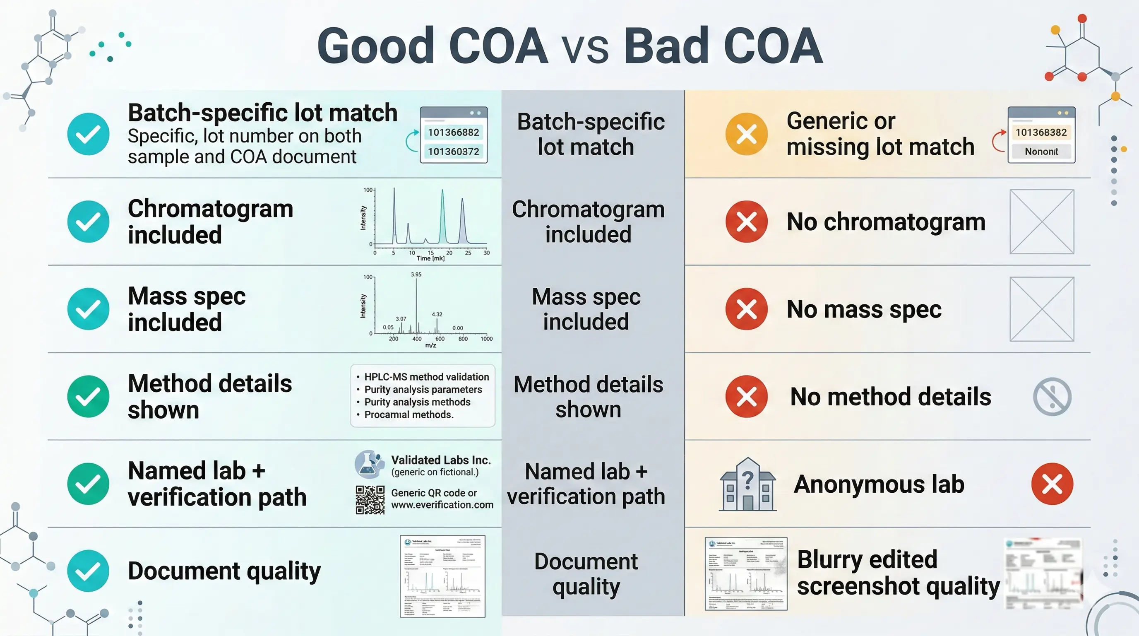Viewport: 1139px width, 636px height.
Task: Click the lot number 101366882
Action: [x=453, y=132]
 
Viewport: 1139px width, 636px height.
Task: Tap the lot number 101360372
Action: [x=453, y=151]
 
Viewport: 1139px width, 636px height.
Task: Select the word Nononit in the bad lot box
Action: [x=1041, y=151]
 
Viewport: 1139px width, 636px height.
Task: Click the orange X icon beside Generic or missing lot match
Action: [x=746, y=134]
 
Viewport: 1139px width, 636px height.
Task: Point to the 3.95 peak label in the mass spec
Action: [x=416, y=274]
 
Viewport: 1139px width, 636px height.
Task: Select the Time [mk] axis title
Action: [x=430, y=258]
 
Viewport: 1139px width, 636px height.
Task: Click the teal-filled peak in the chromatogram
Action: [x=442, y=221]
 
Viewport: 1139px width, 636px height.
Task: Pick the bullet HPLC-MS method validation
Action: [x=426, y=377]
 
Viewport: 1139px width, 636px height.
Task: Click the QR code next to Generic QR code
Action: [x=370, y=500]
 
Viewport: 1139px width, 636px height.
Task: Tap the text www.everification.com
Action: [x=442, y=505]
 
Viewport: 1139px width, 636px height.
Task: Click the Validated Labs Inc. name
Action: [x=441, y=460]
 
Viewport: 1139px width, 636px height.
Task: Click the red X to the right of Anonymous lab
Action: [x=1052, y=484]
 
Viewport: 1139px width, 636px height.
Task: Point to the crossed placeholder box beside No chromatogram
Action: [x=1041, y=222]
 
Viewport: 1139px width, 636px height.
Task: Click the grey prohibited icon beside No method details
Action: [x=1052, y=396]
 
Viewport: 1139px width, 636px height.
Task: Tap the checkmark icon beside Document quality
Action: [x=88, y=571]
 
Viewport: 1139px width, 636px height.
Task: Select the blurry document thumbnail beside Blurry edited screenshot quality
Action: [x=1043, y=573]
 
